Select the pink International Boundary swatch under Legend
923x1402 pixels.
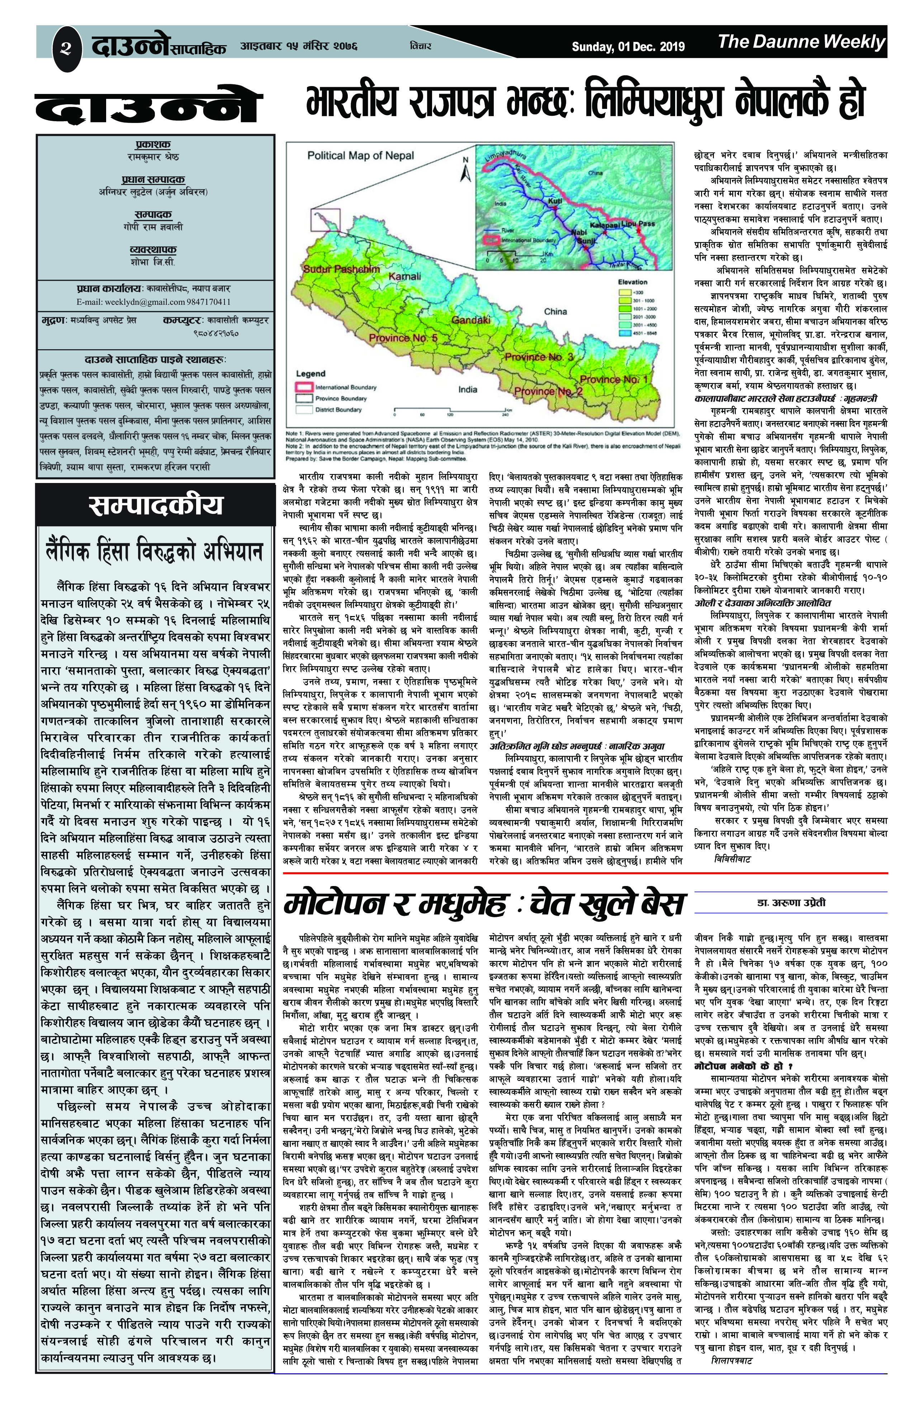(x=303, y=387)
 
